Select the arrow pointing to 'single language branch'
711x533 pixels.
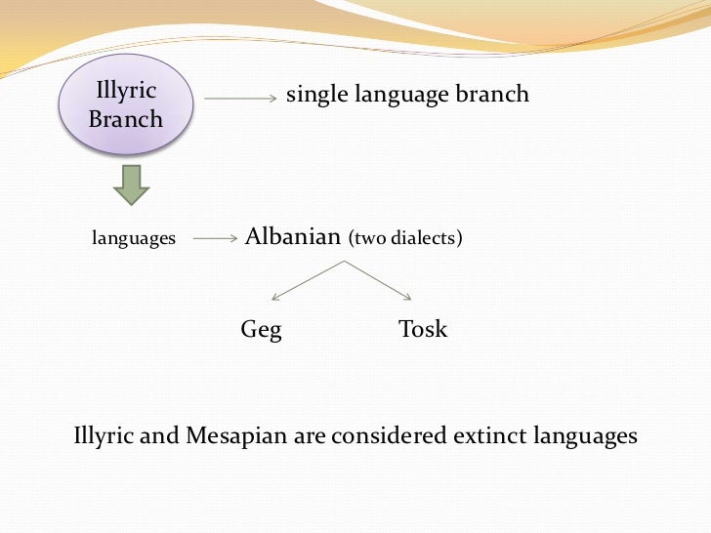point(239,98)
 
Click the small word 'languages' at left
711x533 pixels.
point(134,238)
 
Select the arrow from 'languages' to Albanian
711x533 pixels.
point(216,238)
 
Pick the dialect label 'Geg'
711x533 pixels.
point(261,330)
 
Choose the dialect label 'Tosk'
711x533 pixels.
point(423,330)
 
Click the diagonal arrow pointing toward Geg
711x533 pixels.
point(306,280)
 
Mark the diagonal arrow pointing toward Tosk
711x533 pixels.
point(381,280)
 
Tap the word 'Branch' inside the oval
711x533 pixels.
point(126,121)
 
